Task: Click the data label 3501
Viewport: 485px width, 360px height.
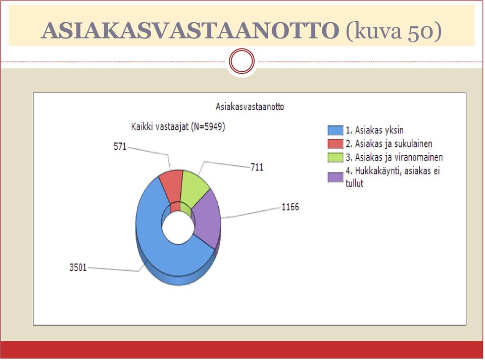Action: tap(78, 267)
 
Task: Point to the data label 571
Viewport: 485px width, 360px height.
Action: tap(120, 147)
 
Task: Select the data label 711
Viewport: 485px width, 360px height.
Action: tap(257, 167)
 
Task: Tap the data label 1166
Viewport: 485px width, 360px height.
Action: tap(290, 207)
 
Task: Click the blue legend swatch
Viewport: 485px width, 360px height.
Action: tap(335, 130)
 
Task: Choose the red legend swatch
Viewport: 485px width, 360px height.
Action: tap(335, 144)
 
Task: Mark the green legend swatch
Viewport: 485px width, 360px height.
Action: tap(335, 158)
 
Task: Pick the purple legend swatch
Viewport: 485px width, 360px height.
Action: tap(335, 177)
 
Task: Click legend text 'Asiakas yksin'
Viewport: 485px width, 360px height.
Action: tap(379, 130)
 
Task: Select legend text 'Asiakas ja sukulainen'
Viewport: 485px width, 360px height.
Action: tap(394, 144)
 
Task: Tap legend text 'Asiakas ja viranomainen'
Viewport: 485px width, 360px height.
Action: tap(399, 158)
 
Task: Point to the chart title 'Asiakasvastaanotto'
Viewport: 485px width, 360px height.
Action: tap(250, 107)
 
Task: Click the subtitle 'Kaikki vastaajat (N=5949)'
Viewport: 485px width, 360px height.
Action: tap(178, 127)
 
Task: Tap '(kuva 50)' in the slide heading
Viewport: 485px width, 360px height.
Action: tap(393, 31)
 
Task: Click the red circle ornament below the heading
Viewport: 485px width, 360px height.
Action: tap(242, 61)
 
